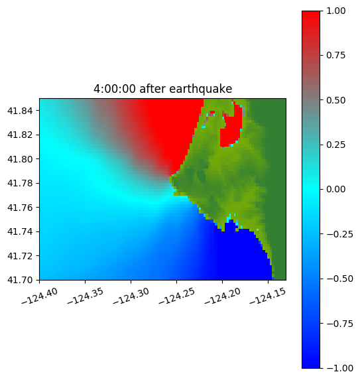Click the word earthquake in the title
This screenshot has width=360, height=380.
[201, 89]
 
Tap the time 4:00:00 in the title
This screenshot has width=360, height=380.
[115, 89]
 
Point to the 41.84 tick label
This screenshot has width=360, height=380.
[20, 111]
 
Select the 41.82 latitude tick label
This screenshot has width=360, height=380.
[20, 135]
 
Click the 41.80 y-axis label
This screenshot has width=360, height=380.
[20, 159]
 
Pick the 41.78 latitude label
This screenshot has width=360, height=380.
[20, 183]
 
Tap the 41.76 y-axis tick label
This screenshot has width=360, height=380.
[20, 208]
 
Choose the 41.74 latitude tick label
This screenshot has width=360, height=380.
[20, 231]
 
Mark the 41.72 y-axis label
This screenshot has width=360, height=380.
[20, 256]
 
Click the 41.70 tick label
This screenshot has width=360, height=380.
[20, 280]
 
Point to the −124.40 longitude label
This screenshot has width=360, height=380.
[40, 296]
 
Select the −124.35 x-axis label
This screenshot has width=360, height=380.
[86, 296]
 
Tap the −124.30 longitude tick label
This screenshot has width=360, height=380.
[131, 296]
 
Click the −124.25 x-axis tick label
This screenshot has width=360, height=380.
[176, 296]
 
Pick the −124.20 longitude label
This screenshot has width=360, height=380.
[222, 296]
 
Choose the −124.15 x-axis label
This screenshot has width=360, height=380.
[268, 296]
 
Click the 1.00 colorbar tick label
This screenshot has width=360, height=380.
[335, 11]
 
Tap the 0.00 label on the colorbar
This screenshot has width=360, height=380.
[335, 189]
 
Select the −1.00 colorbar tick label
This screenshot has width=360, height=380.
[339, 368]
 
